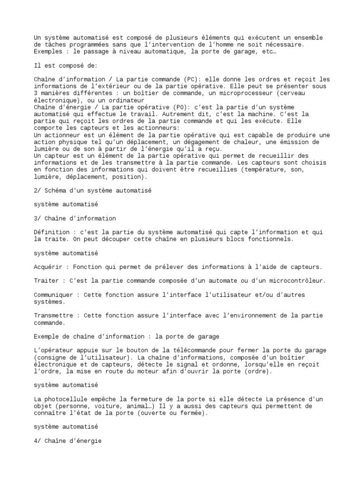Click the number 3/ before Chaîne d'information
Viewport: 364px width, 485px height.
coord(38,218)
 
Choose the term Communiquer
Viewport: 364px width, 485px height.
coord(53,295)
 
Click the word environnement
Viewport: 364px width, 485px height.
coord(234,315)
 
